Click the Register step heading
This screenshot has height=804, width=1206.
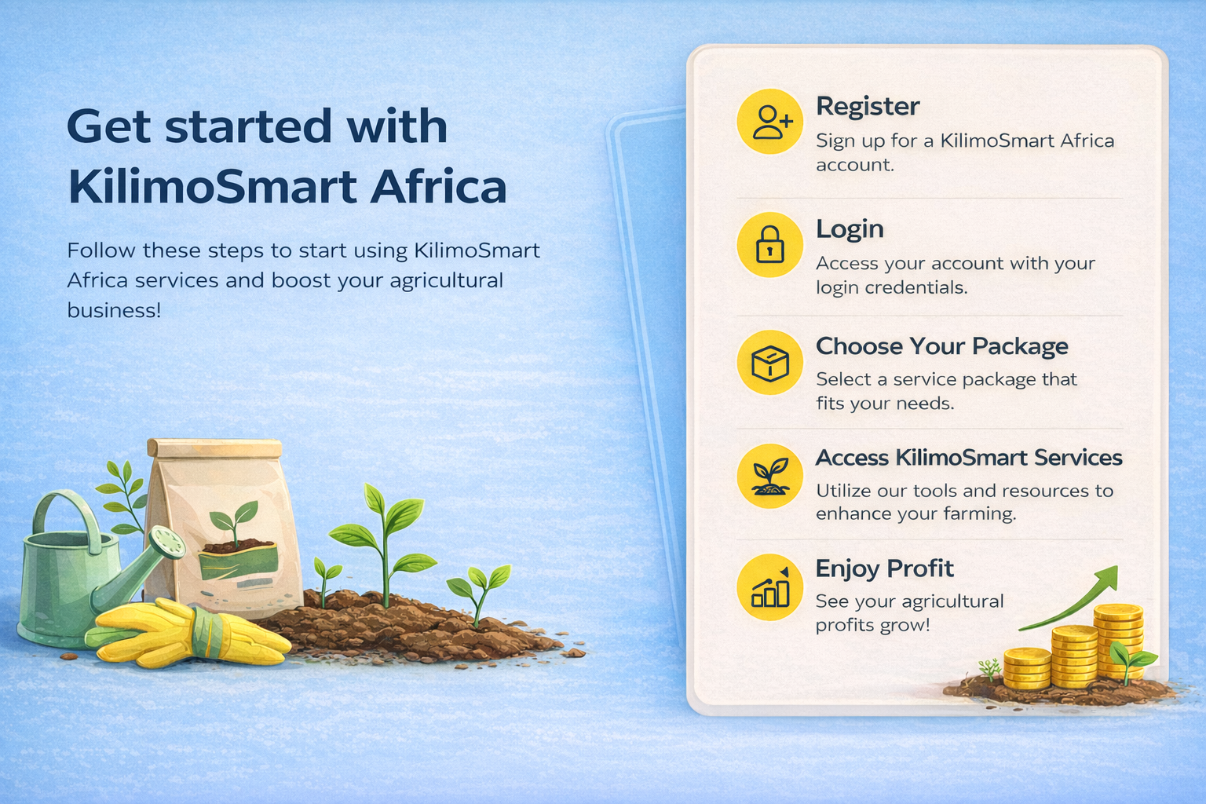pos(868,106)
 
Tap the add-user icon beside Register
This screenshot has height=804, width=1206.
pos(770,122)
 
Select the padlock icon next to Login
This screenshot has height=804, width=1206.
pos(770,244)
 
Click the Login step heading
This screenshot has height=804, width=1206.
pos(850,228)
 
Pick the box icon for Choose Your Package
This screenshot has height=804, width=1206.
pos(770,363)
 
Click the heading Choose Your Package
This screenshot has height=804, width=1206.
pos(941,346)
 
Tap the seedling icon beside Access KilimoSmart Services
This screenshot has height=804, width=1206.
pos(770,475)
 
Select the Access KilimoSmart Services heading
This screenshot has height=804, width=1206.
pos(969,458)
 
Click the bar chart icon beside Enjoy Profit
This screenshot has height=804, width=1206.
pos(770,587)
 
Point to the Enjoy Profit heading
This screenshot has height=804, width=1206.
pos(884,568)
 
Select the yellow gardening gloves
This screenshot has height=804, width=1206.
pos(188,633)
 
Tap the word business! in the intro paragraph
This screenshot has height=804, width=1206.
pos(114,310)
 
